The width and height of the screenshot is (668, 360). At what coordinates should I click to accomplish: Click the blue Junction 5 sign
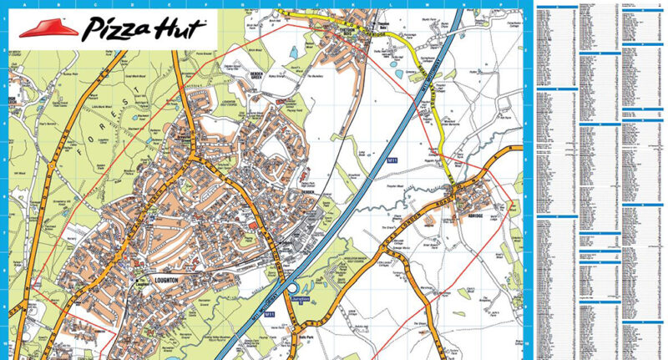click(x=302, y=297)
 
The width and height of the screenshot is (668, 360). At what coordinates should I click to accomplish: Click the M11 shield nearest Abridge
click(x=390, y=158)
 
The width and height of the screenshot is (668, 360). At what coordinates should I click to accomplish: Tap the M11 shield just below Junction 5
click(x=268, y=315)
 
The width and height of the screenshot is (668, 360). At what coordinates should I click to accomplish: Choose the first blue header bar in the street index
click(x=556, y=7)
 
